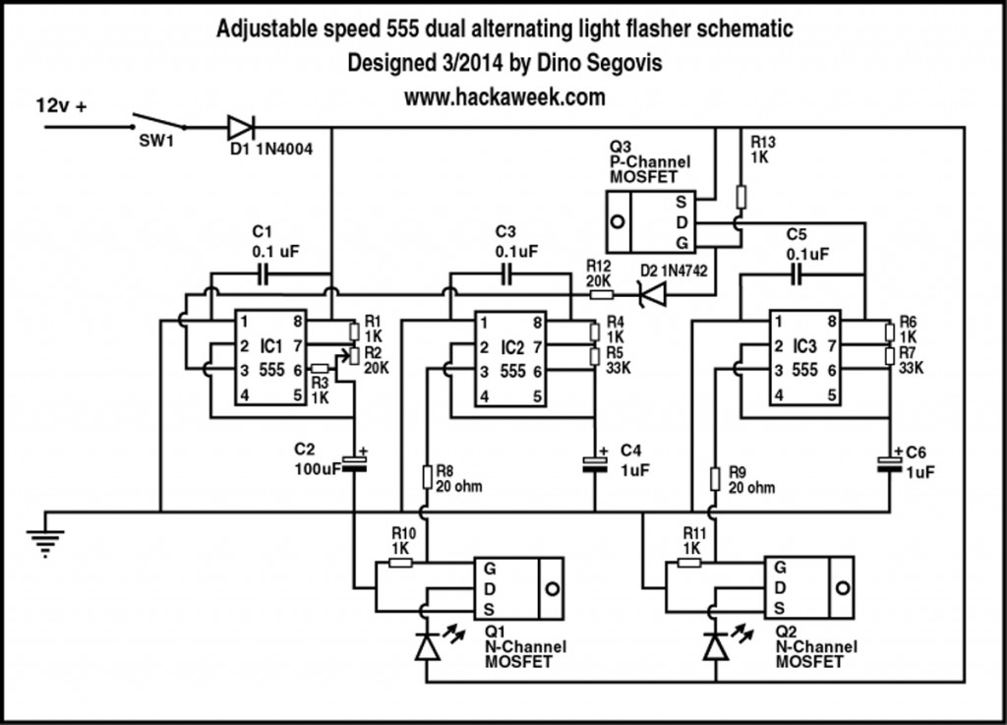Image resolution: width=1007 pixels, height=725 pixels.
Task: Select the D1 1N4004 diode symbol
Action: click(x=240, y=127)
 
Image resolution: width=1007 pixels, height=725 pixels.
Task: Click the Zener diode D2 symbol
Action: click(x=650, y=293)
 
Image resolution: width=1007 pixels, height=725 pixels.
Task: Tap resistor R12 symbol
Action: click(x=600, y=293)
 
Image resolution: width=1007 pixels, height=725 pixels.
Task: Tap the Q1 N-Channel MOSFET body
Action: click(x=518, y=588)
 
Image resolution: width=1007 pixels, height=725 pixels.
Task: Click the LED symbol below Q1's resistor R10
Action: click(x=426, y=646)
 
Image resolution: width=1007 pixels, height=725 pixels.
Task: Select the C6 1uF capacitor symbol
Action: click(x=891, y=463)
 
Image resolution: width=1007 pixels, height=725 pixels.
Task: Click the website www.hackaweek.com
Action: click(x=503, y=97)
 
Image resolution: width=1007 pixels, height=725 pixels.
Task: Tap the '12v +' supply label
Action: click(x=61, y=103)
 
